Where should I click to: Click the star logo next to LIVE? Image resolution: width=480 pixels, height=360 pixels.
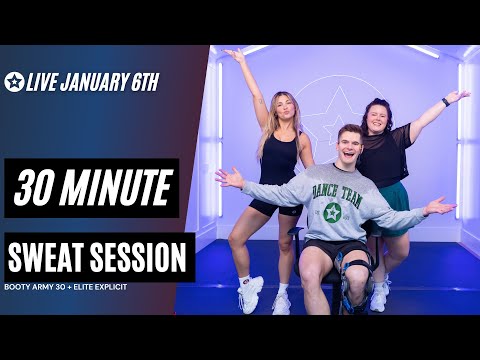pos(14,82)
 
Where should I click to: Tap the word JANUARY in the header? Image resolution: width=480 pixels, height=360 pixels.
pos(97,82)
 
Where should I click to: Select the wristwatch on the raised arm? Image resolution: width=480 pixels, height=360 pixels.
pos(445,101)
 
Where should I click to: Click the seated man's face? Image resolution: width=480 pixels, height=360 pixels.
pos(340,149)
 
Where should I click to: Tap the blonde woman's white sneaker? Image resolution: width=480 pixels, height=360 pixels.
pos(251,296)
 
